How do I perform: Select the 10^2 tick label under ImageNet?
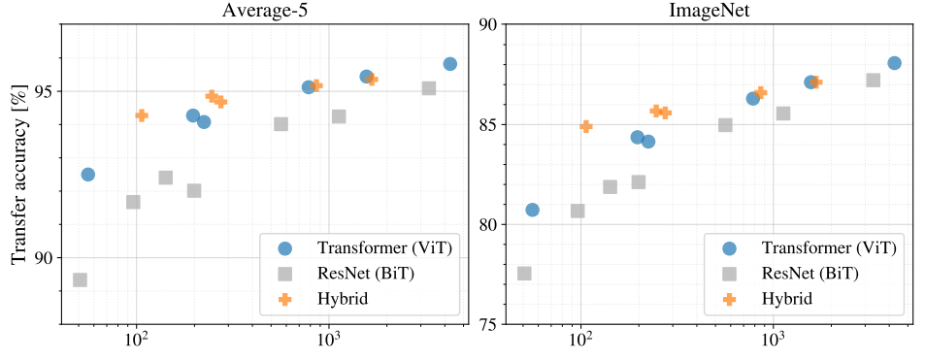click(580, 343)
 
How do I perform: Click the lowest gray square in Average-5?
click(80, 279)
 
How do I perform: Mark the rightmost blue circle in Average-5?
click(450, 64)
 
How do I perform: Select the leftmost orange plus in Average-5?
click(142, 115)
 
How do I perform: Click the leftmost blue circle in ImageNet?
click(532, 210)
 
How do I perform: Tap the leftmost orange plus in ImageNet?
click(586, 126)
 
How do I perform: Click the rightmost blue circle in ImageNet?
click(894, 63)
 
